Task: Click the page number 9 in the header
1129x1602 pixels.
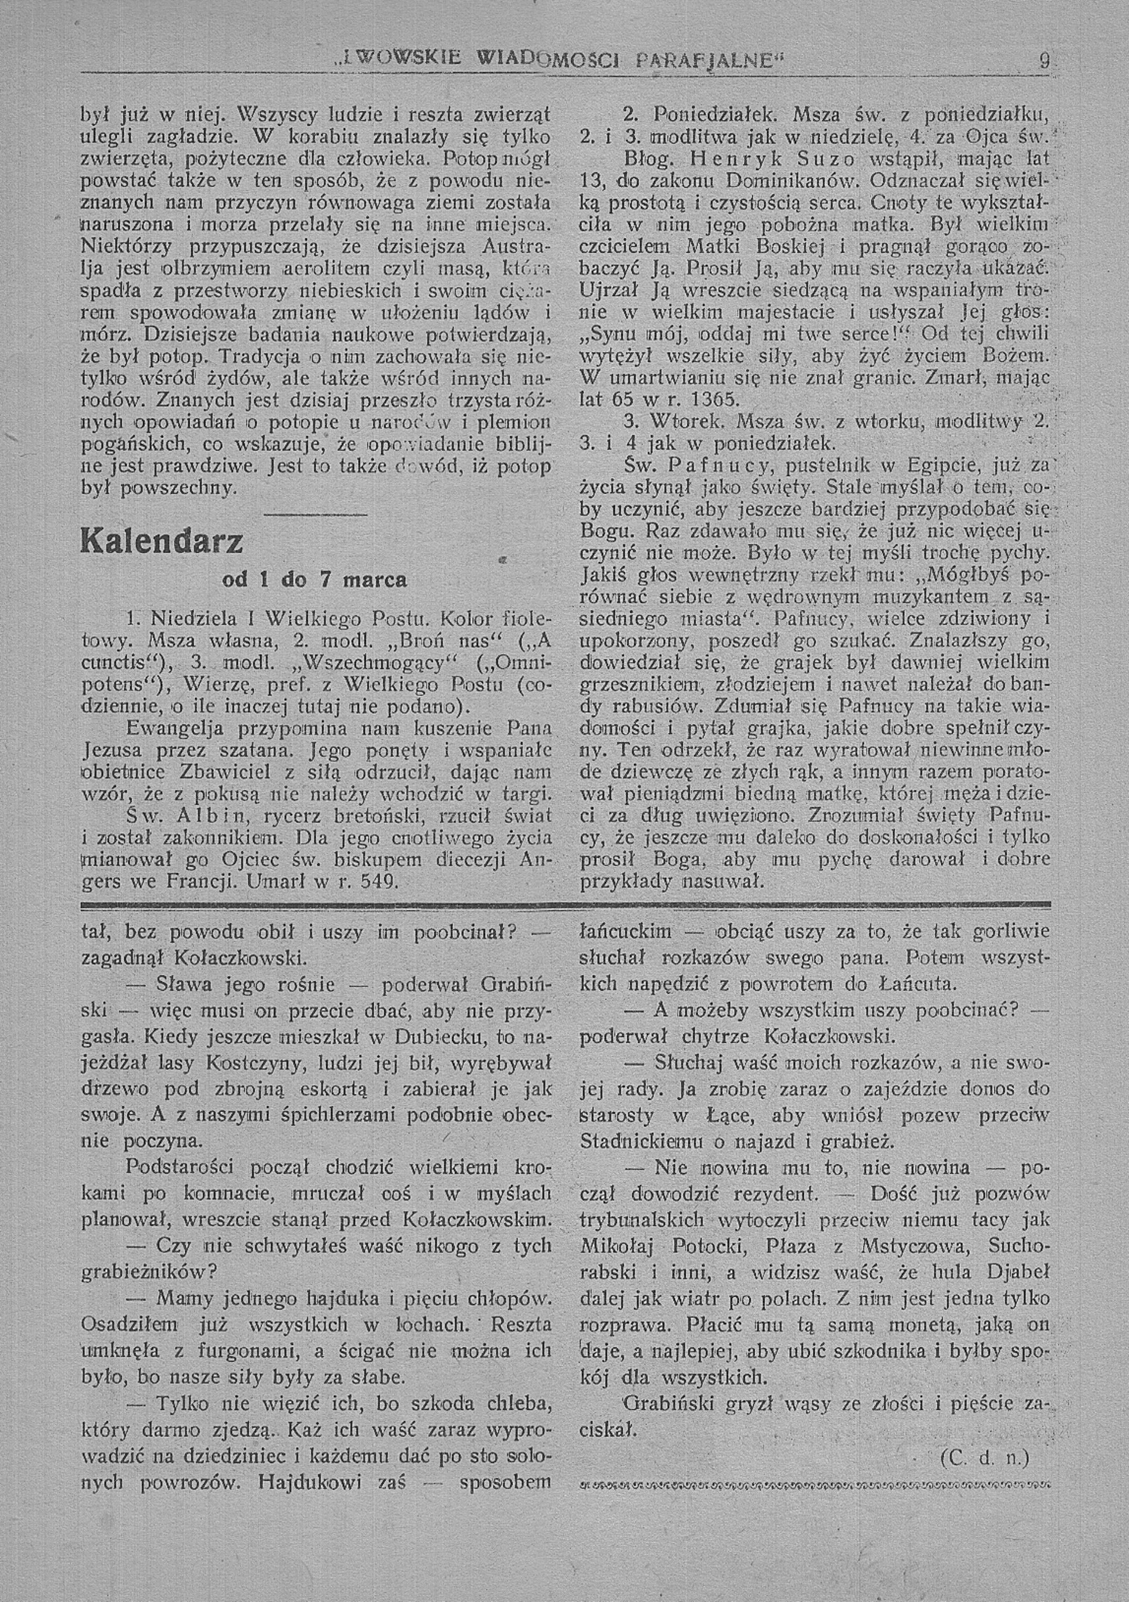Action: pyautogui.click(x=1044, y=61)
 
